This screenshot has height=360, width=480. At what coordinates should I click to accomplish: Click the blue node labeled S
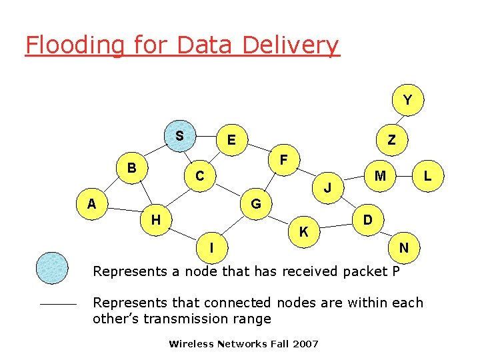tap(179, 136)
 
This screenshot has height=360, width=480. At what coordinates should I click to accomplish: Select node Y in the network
tap(407, 100)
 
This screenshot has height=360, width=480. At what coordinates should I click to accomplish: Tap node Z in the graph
tap(391, 140)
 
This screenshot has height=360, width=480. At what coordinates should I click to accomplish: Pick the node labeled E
tap(231, 140)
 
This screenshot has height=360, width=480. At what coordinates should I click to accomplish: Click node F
tap(284, 161)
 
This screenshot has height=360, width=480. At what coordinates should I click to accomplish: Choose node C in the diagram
tap(199, 176)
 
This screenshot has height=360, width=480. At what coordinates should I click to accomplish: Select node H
tap(155, 219)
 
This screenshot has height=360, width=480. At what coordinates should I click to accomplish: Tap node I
tap(211, 247)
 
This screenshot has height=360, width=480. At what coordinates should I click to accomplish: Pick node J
tap(328, 188)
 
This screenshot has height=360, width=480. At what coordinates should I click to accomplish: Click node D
tap(367, 219)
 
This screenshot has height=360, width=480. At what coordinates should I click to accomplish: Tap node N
tap(403, 247)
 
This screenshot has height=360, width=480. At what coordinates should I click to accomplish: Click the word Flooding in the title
tap(74, 45)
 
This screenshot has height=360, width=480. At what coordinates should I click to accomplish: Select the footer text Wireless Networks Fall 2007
tap(243, 344)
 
